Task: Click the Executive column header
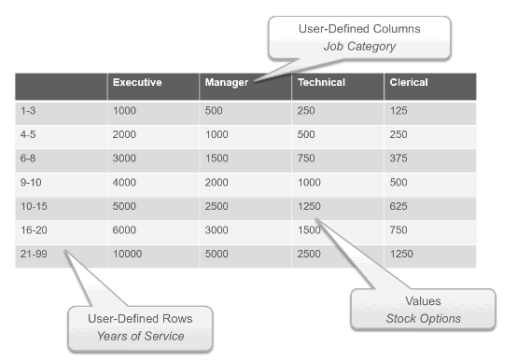(137, 83)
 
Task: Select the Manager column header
(225, 83)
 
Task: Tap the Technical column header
(320, 83)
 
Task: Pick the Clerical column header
(409, 83)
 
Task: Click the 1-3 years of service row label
(28, 111)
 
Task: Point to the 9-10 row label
(31, 181)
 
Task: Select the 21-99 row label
(34, 253)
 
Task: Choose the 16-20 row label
(34, 229)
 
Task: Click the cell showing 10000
(126, 253)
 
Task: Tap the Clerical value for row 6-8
(401, 158)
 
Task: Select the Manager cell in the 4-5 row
(217, 134)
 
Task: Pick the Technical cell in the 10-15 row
(309, 205)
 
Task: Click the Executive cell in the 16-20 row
(123, 229)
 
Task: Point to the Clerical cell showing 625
(401, 205)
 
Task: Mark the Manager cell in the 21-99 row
(217, 253)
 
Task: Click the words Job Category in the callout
(358, 46)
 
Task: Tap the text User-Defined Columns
(358, 29)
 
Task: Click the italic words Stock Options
(424, 319)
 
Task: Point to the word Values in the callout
(424, 302)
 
